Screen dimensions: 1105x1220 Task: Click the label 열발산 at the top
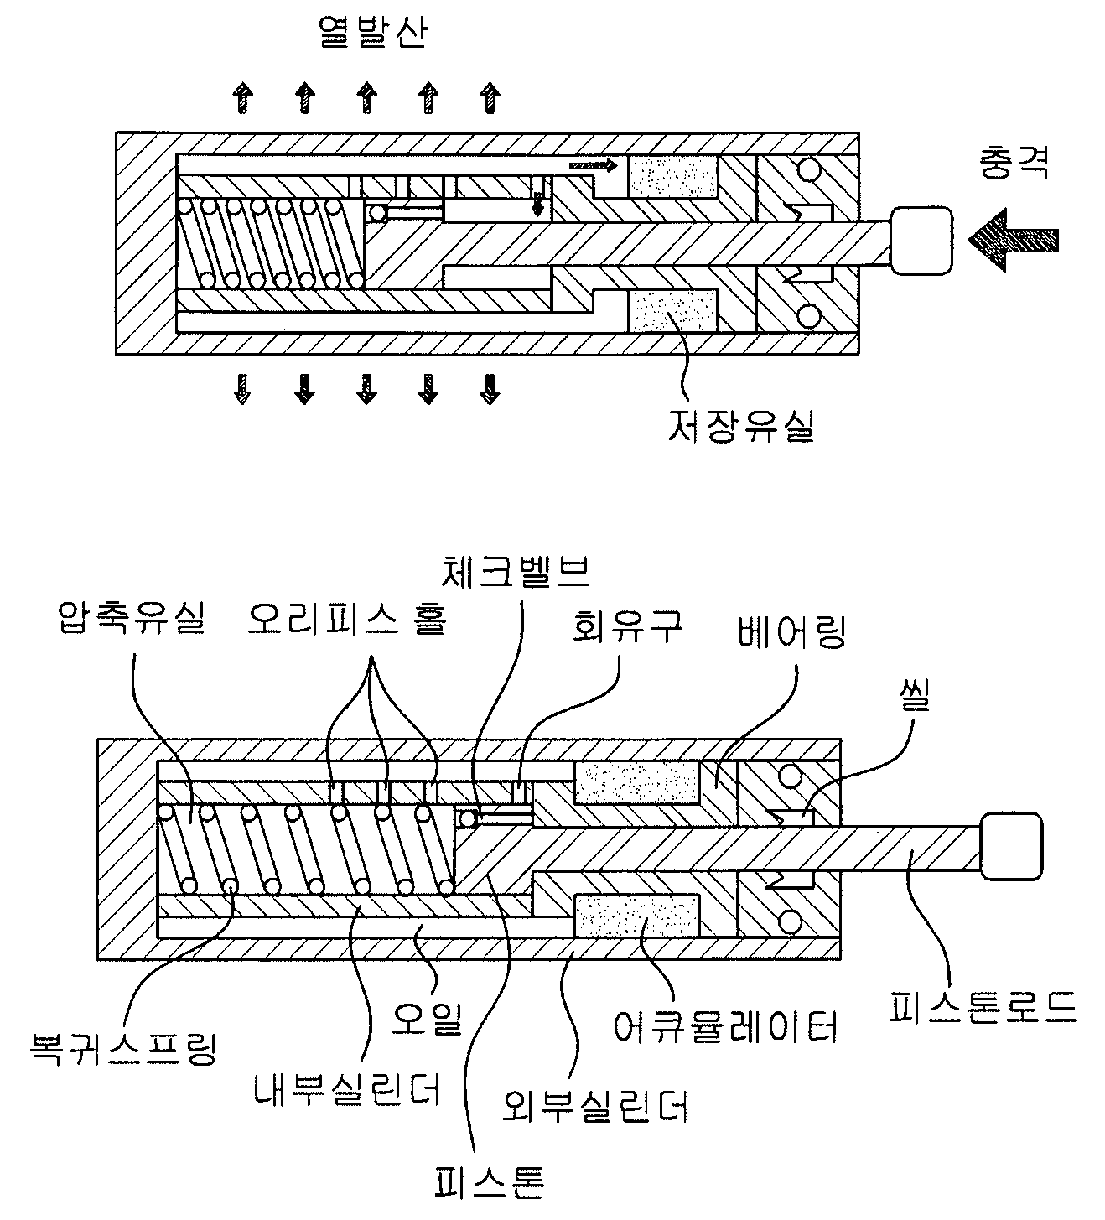pyautogui.click(x=373, y=33)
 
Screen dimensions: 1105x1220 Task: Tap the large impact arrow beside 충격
pyautogui.click(x=1013, y=240)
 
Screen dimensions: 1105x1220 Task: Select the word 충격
pyautogui.click(x=1014, y=163)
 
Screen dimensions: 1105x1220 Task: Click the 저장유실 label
pyautogui.click(x=740, y=426)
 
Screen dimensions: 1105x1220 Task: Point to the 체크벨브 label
pyautogui.click(x=515, y=572)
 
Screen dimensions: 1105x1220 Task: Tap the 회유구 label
pyautogui.click(x=628, y=626)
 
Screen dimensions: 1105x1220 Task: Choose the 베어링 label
pyautogui.click(x=791, y=632)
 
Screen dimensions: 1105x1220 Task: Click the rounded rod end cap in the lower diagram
pyautogui.click(x=1011, y=846)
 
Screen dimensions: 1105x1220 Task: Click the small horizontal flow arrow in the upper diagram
pyautogui.click(x=593, y=165)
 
